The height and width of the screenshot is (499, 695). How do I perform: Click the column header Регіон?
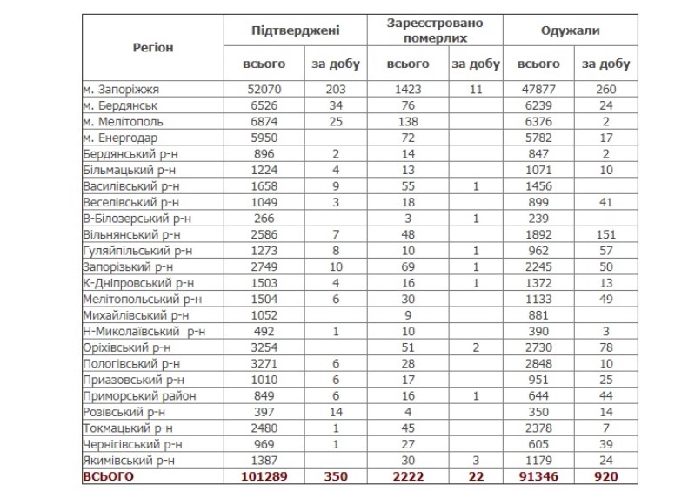point(153,47)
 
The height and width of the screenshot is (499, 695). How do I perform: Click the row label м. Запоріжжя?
point(122,89)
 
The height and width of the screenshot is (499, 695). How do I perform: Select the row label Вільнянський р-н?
point(131,234)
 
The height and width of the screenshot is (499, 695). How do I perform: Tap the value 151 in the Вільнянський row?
point(605,234)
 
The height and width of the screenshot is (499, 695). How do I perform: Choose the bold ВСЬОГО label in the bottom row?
point(109,478)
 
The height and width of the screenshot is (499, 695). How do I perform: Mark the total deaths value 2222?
point(406,478)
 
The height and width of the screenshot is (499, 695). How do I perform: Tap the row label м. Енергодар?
point(121,138)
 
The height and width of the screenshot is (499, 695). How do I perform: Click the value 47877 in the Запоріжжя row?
point(539,89)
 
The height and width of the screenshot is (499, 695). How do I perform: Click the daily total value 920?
point(605,478)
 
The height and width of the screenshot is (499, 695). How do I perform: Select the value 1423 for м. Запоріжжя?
point(408,89)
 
